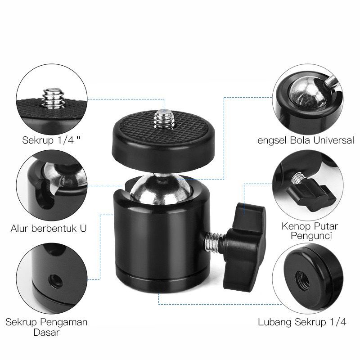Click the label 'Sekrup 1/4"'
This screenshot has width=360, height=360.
coord(52,140)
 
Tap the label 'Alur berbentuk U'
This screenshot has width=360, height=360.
coord(49,229)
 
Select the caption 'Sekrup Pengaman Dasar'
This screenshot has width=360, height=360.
coord(47,327)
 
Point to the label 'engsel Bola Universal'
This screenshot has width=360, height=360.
coord(306,140)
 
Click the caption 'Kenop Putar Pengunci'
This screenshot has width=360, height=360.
coord(310,231)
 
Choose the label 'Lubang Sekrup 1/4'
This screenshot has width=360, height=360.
coord(302,322)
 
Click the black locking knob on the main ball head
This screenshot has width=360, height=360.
coord(245,246)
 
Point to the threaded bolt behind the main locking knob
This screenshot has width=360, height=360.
coord(213,242)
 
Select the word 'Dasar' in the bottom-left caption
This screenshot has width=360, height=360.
coord(47,332)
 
